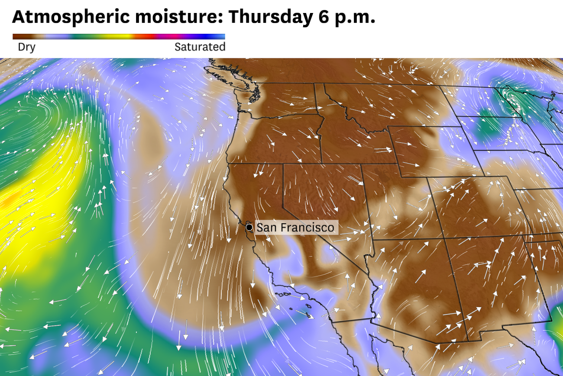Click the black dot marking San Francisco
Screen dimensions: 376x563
(249, 227)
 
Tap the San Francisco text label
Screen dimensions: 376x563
(295, 227)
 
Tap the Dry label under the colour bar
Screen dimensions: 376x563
(26, 47)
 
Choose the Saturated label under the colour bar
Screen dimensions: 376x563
(200, 47)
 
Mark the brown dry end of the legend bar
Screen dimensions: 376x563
(22, 37)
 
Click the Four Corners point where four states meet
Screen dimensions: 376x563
(445, 238)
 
